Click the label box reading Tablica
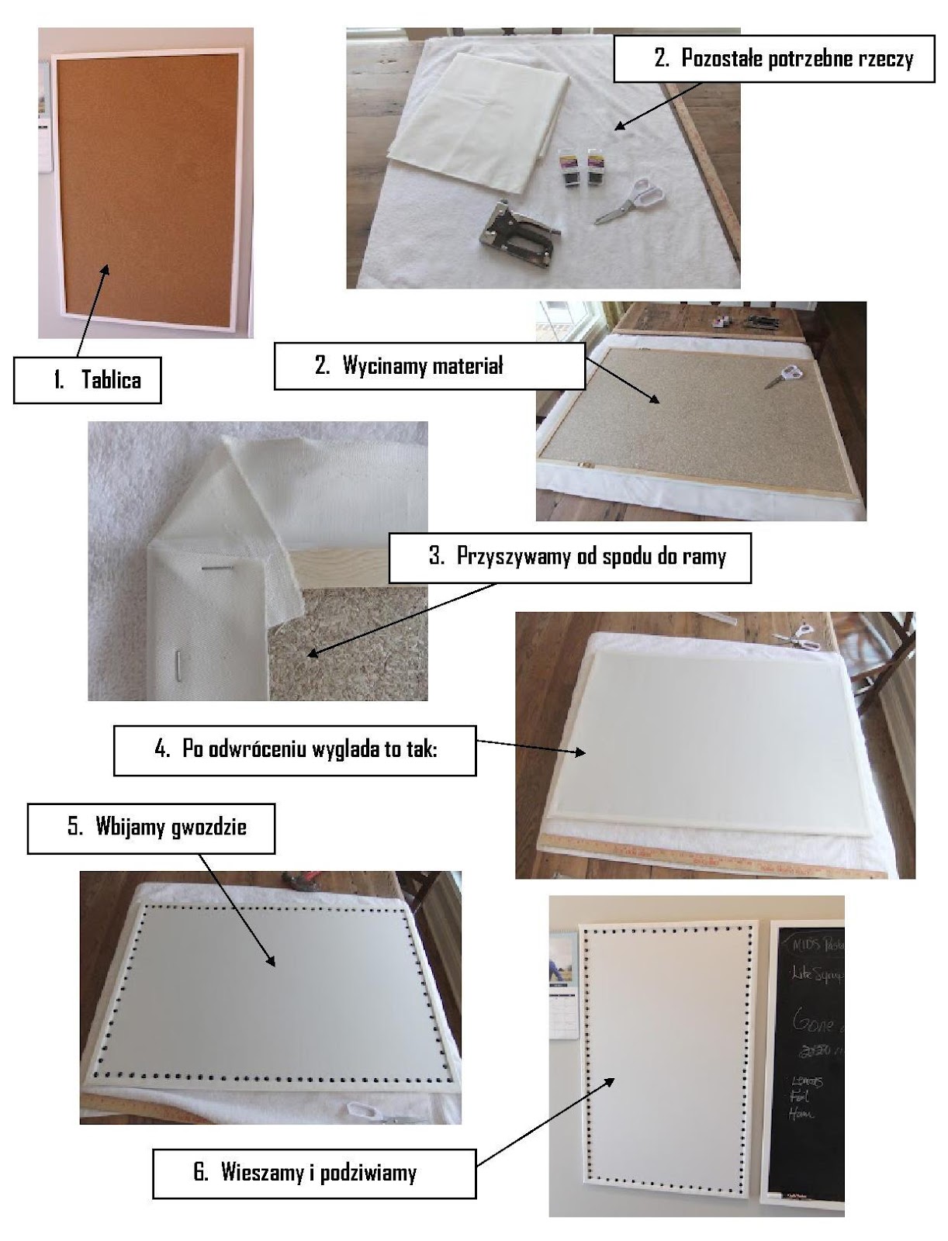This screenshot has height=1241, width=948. [87, 380]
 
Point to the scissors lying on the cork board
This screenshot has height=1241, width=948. [785, 375]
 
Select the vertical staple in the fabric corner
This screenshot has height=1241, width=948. [178, 664]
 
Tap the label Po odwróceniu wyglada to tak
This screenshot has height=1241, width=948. [295, 750]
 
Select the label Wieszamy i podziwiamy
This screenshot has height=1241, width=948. [313, 1172]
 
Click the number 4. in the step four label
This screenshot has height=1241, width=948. [161, 750]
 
